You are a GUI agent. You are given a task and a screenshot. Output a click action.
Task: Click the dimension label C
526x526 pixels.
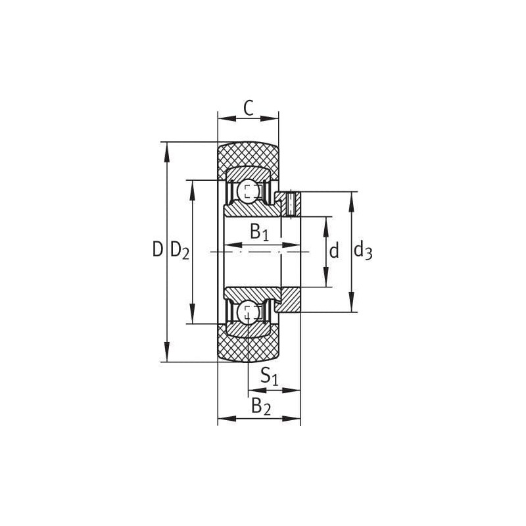[249, 108]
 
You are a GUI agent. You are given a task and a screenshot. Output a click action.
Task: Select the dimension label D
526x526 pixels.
[158, 249]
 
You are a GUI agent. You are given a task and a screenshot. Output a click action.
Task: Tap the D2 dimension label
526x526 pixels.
[179, 251]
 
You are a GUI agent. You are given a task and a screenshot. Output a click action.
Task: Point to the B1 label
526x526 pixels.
[260, 232]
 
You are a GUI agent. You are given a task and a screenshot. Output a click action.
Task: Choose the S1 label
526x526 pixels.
[270, 375]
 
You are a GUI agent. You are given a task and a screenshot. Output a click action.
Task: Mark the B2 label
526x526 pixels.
[261, 406]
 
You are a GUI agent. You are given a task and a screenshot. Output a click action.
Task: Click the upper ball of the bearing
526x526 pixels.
[248, 191]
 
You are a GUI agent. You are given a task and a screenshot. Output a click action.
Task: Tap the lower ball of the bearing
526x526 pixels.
[248, 313]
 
